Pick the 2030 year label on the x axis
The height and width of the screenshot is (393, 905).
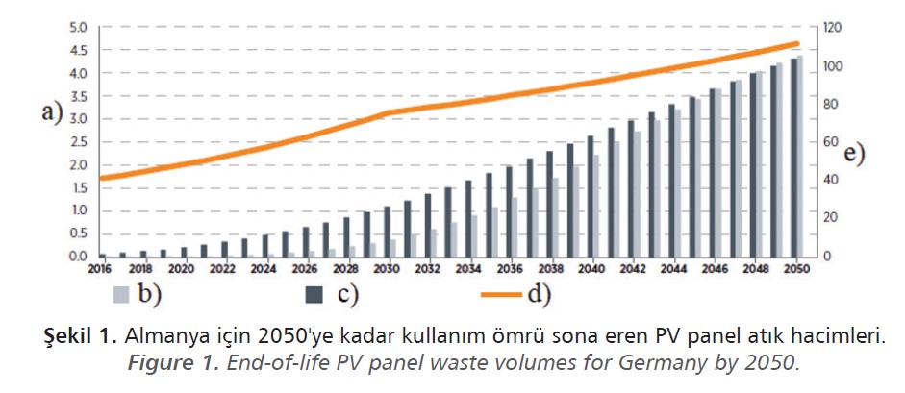[386, 270]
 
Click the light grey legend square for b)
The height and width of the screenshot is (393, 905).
[122, 296]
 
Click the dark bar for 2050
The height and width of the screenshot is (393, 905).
[793, 158]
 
